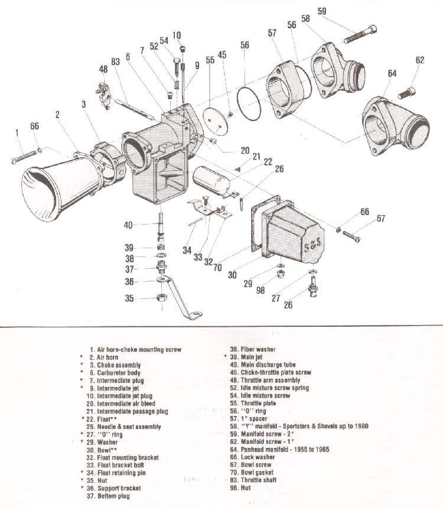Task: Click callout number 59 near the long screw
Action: [x=338, y=11]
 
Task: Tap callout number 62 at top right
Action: [x=420, y=60]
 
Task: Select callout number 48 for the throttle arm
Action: [x=104, y=69]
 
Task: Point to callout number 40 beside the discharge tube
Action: [x=128, y=225]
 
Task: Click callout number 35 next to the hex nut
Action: [x=128, y=299]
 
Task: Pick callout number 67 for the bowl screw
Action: [x=381, y=219]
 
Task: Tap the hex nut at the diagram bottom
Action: [x=161, y=298]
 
